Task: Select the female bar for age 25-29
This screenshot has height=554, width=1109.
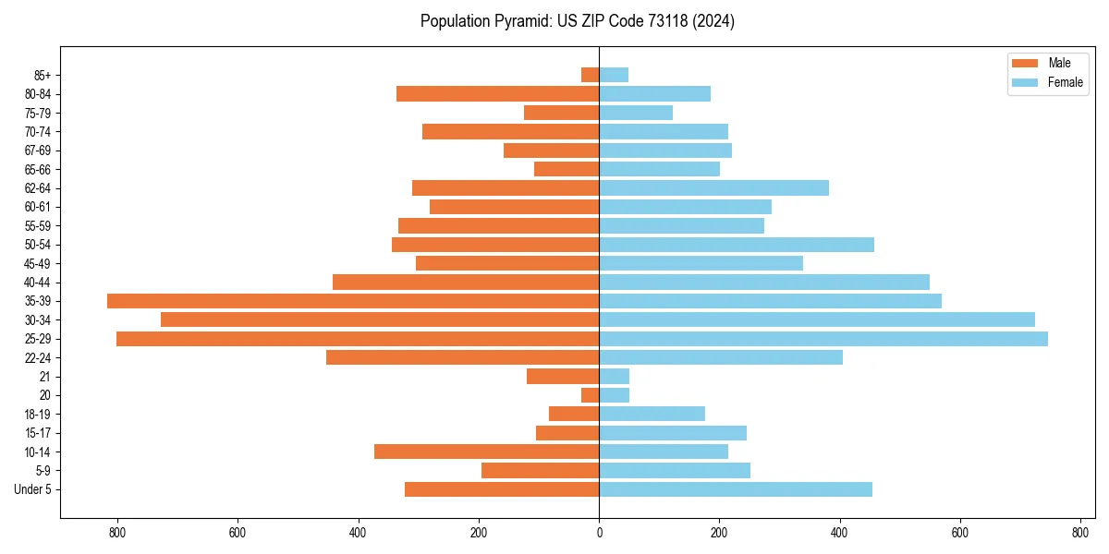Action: pyautogui.click(x=823, y=339)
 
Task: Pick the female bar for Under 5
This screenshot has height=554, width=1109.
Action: pyautogui.click(x=736, y=489)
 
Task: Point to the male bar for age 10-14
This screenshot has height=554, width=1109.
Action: pyautogui.click(x=486, y=452)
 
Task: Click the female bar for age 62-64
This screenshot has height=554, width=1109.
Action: pyautogui.click(x=713, y=188)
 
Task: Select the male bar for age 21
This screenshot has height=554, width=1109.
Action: pyautogui.click(x=563, y=377)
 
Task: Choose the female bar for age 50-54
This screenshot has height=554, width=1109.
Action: pyautogui.click(x=737, y=245)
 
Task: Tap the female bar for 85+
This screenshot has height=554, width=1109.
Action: pyautogui.click(x=614, y=75)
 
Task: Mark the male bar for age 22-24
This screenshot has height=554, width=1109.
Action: pyautogui.click(x=462, y=357)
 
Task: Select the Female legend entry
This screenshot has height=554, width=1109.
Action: pyautogui.click(x=1047, y=82)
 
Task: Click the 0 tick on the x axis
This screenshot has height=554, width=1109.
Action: pyautogui.click(x=599, y=533)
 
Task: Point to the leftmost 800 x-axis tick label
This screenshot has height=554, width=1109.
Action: pyautogui.click(x=117, y=533)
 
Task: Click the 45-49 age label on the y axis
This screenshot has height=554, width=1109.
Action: pyautogui.click(x=38, y=263)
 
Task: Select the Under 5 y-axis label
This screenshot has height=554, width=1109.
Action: pyautogui.click(x=32, y=489)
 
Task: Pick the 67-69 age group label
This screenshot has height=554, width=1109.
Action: pyautogui.click(x=38, y=151)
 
